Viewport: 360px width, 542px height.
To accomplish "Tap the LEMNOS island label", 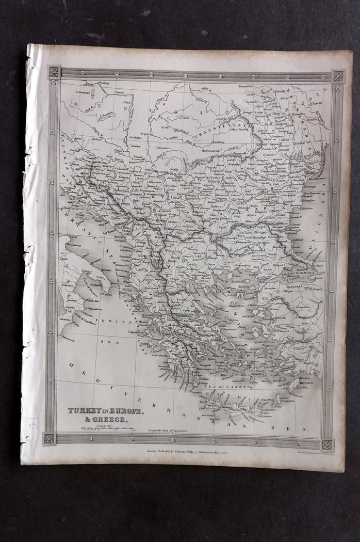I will [239, 291].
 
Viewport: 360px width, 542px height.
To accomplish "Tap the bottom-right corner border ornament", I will [327, 444].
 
